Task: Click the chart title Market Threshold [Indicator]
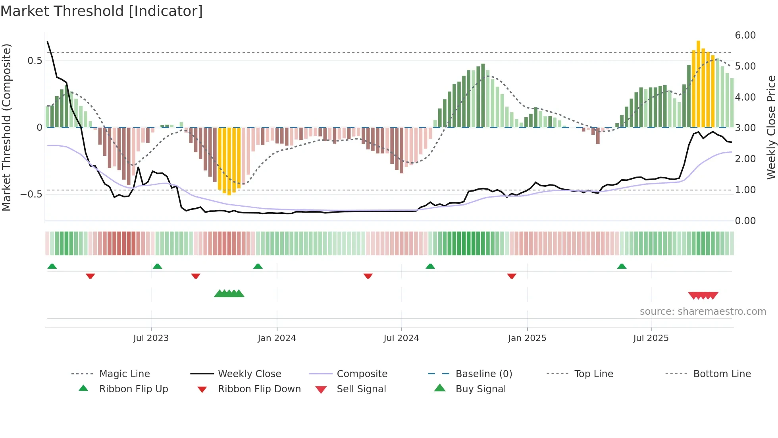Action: pos(102,11)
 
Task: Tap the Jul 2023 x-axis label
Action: pos(151,338)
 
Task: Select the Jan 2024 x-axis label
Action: pos(277,338)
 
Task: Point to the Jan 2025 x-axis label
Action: pos(527,338)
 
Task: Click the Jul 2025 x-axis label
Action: pos(651,338)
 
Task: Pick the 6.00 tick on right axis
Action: pos(745,35)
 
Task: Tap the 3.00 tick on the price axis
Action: pos(745,128)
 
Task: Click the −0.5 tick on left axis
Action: pos(31,194)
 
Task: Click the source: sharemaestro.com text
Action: pos(703,311)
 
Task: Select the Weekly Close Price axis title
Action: pos(771,127)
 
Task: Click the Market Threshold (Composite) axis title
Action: pos(6,127)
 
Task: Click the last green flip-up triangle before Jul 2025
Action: pos(622,266)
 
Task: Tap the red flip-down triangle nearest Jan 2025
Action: pos(512,276)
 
